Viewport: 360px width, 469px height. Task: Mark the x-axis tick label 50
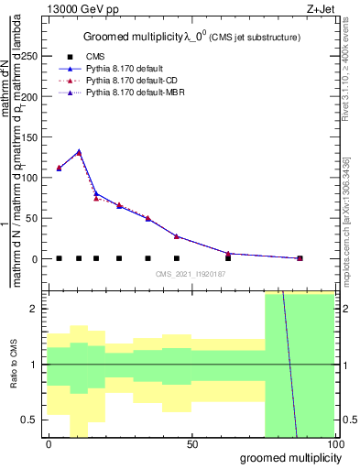pos(193,443)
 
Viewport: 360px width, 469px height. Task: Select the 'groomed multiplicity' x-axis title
pos(287,457)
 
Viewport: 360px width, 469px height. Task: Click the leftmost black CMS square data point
pos(59,258)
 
